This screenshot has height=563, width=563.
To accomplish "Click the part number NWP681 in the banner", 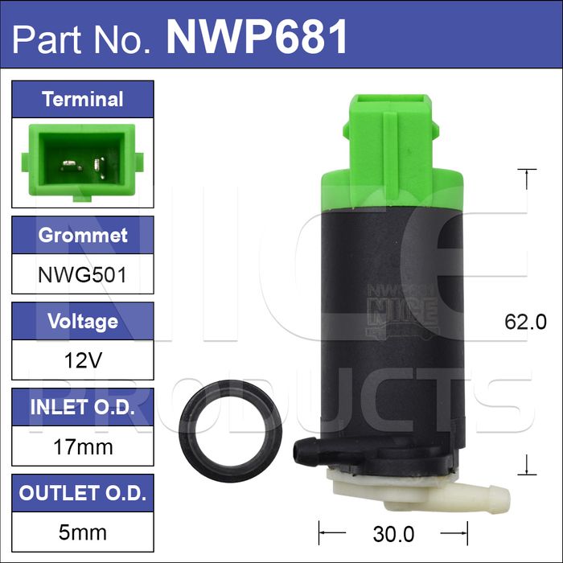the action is coord(257,36).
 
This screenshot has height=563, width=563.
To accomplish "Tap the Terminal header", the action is coord(83,99).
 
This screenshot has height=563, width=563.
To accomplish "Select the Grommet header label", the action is coord(83,235).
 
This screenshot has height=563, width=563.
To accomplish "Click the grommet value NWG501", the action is coord(83,275).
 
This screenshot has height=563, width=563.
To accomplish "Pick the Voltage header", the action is coord(83,322).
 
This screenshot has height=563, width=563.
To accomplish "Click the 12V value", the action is coord(83,360).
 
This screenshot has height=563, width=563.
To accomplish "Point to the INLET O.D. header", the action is coord(83,407).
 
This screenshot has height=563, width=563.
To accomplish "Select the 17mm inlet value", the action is coord(83,447).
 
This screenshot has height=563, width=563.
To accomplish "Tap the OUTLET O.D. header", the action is coord(83,493).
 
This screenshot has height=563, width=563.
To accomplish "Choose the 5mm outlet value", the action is coord(83,532).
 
